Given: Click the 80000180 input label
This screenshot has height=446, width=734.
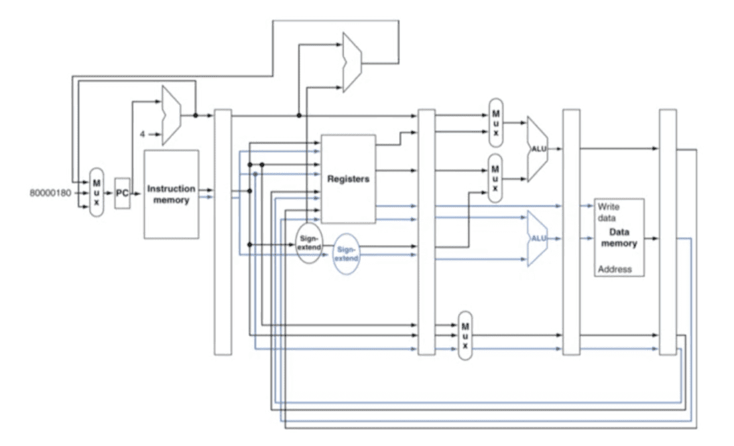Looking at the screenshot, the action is coord(50,193).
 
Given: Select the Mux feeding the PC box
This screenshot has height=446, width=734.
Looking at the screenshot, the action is coord(96,192).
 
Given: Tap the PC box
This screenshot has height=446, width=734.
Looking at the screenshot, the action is coord(122,193).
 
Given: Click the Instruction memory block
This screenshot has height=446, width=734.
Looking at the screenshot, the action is coord(171,194).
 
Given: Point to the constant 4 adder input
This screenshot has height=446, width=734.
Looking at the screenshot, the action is coord(143,135).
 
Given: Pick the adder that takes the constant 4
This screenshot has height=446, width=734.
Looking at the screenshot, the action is coord(171,115).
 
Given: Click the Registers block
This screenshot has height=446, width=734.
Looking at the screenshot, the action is coord(348,179).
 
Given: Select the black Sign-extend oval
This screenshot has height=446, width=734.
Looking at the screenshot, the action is coord(309,243).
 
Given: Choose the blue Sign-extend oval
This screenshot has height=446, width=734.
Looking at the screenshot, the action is coord(346,254).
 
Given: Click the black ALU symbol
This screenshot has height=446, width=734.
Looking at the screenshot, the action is coord(537,149).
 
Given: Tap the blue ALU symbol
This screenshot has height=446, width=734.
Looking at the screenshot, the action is coord(537,238).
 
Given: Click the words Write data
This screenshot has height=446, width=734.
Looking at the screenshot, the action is coord(608,212).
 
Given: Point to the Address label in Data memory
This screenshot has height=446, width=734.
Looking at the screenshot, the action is coord(615,269).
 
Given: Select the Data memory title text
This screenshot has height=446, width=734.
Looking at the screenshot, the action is coord(619,238).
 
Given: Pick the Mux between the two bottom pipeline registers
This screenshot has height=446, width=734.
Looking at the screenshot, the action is coord(465,335).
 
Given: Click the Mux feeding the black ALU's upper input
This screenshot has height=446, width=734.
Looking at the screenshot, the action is coord(496,123).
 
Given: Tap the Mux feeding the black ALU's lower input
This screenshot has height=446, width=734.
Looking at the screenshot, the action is coord(496,179).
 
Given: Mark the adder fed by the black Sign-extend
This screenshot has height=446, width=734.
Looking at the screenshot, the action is coord(352,62).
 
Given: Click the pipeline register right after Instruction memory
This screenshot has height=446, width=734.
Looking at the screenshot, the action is coord(223,232).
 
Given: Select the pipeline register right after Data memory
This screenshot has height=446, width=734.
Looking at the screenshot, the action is coord(668,232).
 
